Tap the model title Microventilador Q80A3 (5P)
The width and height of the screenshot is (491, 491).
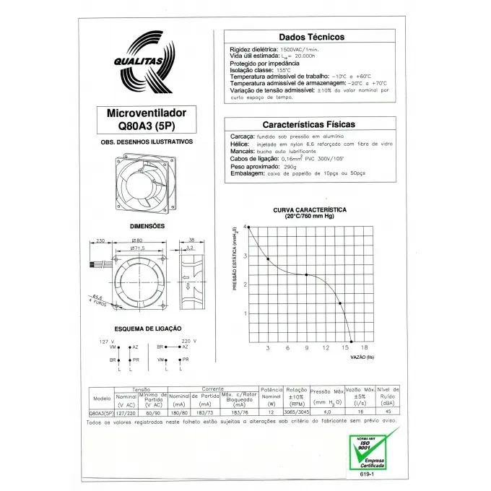(147, 118)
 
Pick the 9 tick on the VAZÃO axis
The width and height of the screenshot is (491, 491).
(307, 348)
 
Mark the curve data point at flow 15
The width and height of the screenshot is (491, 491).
(340, 303)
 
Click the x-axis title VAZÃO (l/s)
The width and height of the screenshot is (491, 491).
(362, 357)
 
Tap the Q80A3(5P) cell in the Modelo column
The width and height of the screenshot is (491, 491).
(102, 412)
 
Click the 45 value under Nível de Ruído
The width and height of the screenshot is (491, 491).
(388, 412)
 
